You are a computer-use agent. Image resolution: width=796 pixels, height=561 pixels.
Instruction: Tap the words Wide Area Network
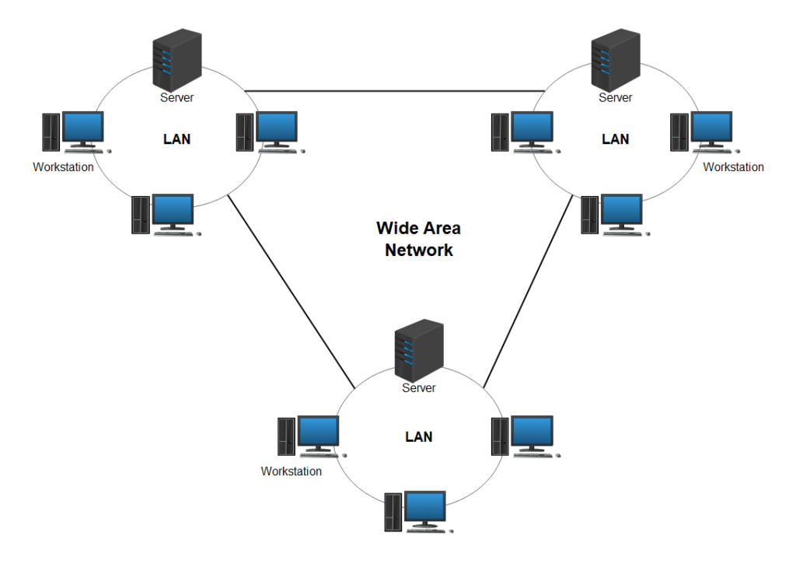[418, 239]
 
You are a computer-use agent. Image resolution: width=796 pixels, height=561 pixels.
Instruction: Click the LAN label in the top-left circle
[176, 140]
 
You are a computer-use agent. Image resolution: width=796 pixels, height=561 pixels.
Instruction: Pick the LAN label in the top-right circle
[615, 140]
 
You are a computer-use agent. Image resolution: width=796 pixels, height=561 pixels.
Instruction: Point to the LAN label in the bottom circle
[418, 437]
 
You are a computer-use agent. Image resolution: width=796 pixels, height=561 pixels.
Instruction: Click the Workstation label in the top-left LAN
[63, 167]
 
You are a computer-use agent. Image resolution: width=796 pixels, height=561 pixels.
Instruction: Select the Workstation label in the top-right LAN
[733, 167]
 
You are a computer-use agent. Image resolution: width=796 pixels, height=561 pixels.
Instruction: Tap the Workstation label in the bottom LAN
[291, 472]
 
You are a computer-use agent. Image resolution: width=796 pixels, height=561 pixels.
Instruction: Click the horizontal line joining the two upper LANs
[396, 91]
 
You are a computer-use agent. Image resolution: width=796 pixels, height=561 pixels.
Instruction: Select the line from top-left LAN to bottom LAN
[292, 292]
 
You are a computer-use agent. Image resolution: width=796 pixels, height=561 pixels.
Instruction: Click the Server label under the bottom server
[418, 387]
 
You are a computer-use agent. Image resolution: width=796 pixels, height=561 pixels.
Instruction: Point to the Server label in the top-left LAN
[176, 98]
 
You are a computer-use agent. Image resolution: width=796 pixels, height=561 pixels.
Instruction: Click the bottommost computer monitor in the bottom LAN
[424, 507]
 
